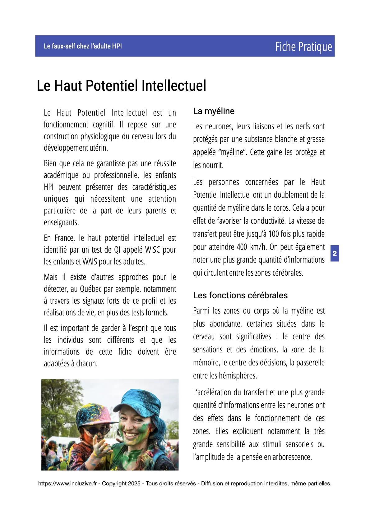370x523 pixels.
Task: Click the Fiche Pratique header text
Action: tap(303, 47)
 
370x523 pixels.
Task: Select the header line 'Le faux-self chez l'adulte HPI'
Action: tap(83, 46)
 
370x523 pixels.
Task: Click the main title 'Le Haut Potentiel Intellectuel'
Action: tap(121, 86)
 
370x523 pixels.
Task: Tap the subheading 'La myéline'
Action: tap(214, 111)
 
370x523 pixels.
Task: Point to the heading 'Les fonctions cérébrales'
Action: tap(240, 295)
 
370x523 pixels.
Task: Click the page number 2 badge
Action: tap(335, 253)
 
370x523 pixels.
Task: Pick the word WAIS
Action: tap(90, 262)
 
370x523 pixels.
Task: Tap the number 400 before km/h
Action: tap(242, 247)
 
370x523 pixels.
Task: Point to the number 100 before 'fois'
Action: tap(274, 234)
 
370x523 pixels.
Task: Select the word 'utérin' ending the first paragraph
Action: tap(99, 148)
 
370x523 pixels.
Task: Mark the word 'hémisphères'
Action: tap(238, 376)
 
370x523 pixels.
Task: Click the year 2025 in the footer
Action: tap(134, 484)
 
